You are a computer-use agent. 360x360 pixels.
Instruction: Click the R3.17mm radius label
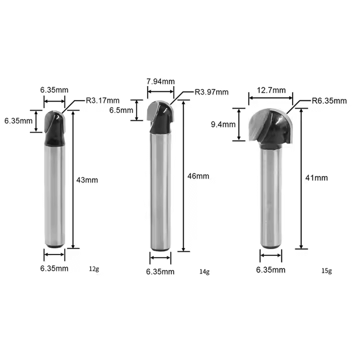point(102,100)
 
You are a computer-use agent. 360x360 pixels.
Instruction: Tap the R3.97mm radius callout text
point(211,92)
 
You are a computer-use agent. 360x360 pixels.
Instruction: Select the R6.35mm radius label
point(329,101)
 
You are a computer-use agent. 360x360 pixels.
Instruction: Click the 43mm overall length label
point(87,180)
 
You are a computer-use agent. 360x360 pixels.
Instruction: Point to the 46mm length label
point(198,176)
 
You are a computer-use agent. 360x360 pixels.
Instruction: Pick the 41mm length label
point(316,177)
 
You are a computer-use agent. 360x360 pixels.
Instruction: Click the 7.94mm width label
point(160,81)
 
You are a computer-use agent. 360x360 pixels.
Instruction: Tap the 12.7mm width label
point(271,90)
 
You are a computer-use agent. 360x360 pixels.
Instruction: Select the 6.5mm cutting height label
point(121,110)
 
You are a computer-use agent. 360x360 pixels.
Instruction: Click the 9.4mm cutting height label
point(223,124)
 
